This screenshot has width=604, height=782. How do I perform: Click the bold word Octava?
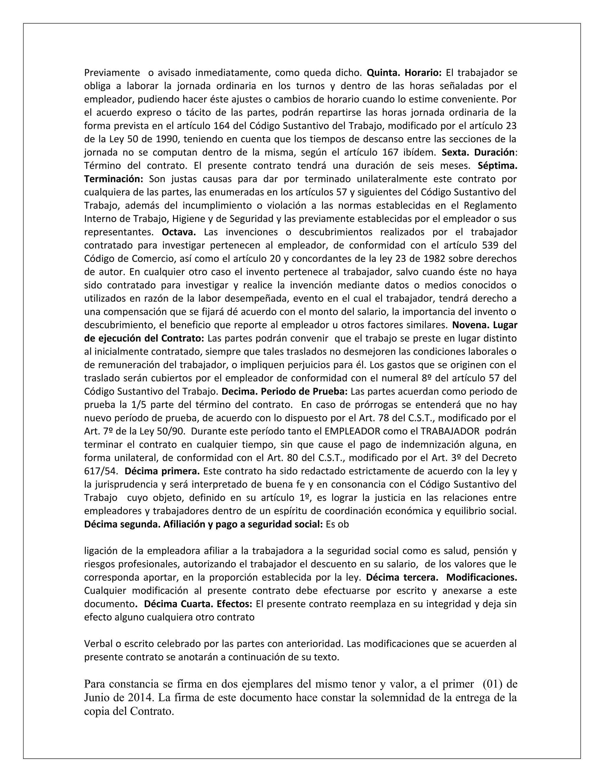click(179, 232)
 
